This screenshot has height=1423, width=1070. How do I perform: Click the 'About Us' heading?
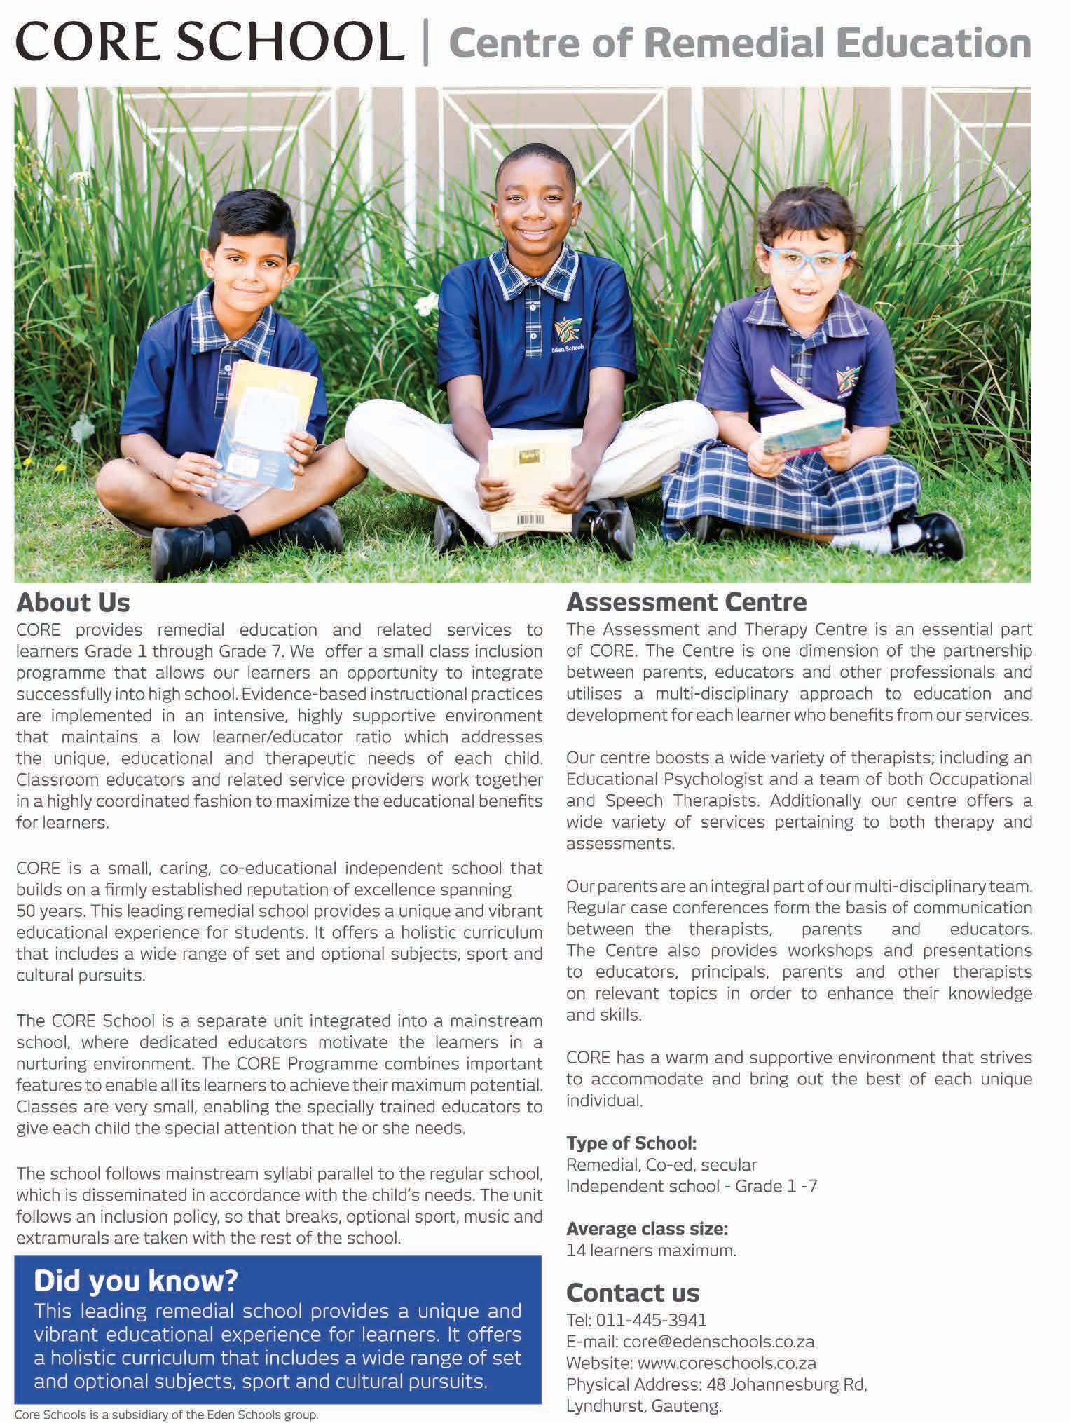[x=73, y=602]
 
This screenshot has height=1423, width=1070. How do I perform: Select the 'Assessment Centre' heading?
[x=686, y=601]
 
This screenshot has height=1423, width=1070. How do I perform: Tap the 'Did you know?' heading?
[x=136, y=1281]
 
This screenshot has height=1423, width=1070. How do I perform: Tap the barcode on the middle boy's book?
[x=529, y=520]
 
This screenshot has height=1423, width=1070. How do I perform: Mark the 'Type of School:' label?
[x=631, y=1143]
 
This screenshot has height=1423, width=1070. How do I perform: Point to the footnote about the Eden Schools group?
[x=166, y=1415]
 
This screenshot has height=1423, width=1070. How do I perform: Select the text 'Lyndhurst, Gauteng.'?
[x=643, y=1405]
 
